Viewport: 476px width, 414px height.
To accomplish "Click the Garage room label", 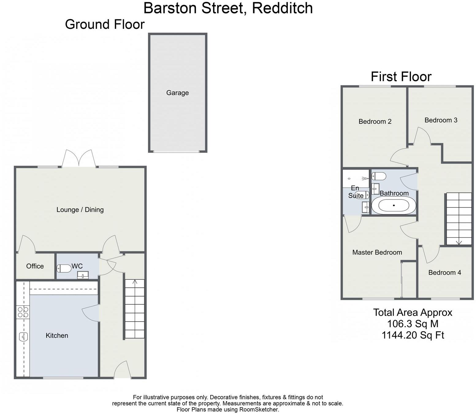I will pyautogui.click(x=177, y=93).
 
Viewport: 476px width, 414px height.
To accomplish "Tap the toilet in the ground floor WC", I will pyautogui.click(x=63, y=269).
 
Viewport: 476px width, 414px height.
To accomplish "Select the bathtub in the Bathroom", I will pyautogui.click(x=394, y=206).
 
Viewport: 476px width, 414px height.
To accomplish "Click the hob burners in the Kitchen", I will pyautogui.click(x=23, y=312).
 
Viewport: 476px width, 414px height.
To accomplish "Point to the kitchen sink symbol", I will pyautogui.click(x=23, y=337).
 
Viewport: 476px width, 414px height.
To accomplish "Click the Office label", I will pyautogui.click(x=35, y=266).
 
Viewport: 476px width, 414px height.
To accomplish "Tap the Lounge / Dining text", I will pyautogui.click(x=80, y=210).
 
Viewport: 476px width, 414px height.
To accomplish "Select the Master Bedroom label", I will pyautogui.click(x=377, y=252).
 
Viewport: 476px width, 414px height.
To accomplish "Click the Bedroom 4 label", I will pyautogui.click(x=444, y=273).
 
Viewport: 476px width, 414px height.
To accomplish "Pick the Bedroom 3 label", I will pyautogui.click(x=441, y=120).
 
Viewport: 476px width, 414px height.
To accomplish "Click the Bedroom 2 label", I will pyautogui.click(x=375, y=122).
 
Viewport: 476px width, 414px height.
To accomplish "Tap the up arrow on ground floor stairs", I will pyautogui.click(x=135, y=282).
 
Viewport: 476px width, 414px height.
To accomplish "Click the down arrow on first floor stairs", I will pyautogui.click(x=459, y=242).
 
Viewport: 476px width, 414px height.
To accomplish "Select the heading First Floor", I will pyautogui.click(x=401, y=76).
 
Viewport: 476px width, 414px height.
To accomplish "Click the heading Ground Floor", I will pyautogui.click(x=105, y=24).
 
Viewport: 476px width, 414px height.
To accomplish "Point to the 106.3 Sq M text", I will pyautogui.click(x=413, y=324).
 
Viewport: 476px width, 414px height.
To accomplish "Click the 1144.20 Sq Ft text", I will pyautogui.click(x=413, y=335).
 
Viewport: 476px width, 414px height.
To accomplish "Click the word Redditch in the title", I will pyautogui.click(x=282, y=8).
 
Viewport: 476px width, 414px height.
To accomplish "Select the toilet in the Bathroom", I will pyautogui.click(x=379, y=176).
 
